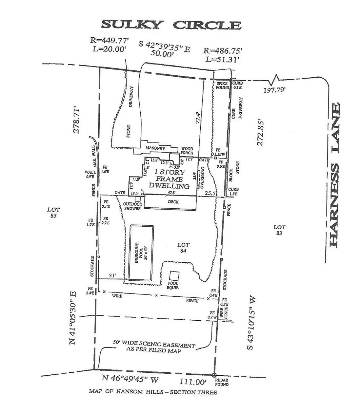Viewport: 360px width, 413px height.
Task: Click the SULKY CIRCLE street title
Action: click(x=171, y=25)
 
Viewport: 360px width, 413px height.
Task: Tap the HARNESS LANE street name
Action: click(x=335, y=175)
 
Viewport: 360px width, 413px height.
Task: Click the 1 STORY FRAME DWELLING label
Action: click(x=170, y=179)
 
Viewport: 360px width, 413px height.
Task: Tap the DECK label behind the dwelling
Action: click(x=173, y=202)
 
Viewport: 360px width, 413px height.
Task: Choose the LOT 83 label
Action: click(x=279, y=230)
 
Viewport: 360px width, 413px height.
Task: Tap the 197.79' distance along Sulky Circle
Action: click(x=275, y=90)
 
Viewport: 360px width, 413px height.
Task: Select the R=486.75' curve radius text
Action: click(x=223, y=51)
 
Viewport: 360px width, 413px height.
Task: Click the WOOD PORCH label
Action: click(x=187, y=151)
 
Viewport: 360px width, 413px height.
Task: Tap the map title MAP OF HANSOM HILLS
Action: click(x=153, y=392)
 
